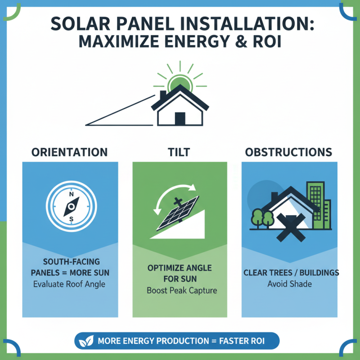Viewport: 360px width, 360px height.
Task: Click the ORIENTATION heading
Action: (70, 152)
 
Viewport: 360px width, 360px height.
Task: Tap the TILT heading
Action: (180, 152)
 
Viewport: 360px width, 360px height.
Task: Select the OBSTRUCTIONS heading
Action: (288, 152)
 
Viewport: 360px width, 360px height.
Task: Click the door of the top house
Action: (180, 119)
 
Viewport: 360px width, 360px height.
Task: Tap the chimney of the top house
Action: (163, 96)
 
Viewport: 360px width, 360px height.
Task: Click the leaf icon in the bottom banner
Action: (85, 341)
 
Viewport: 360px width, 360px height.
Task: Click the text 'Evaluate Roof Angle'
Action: (69, 284)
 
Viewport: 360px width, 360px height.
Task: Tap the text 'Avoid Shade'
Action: (289, 284)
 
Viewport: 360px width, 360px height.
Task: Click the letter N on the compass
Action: (71, 195)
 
